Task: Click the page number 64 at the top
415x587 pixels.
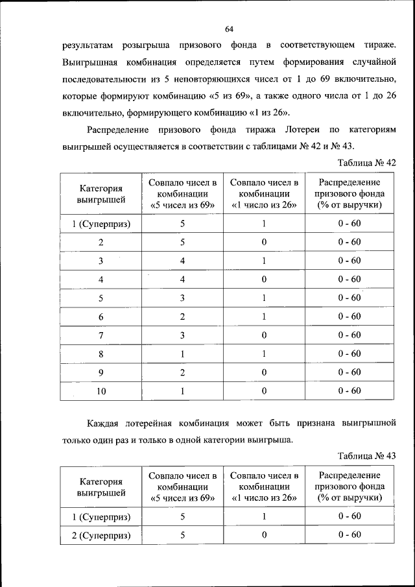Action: tap(229, 29)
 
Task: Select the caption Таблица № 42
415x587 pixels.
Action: tap(367, 162)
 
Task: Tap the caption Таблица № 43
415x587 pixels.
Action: tap(367, 455)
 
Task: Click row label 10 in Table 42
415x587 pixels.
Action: tap(101, 391)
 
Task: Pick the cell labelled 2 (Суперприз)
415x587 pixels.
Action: tap(101, 535)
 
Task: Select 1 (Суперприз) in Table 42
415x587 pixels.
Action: tap(101, 224)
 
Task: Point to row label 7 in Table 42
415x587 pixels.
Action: tap(101, 335)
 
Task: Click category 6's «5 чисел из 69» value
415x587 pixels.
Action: tap(183, 317)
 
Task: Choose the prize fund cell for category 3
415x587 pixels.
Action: tap(350, 261)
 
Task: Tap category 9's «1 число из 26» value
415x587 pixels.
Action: tap(264, 372)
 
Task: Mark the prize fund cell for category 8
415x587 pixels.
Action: tap(350, 354)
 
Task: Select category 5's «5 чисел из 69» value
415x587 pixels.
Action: tap(183, 298)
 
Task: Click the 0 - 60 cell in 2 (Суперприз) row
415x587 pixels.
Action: tap(350, 535)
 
